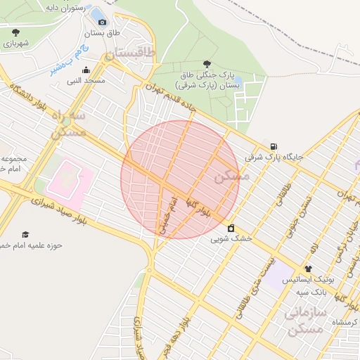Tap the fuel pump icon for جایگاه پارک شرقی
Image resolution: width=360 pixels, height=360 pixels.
274,146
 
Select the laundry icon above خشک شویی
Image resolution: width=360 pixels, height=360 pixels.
231,228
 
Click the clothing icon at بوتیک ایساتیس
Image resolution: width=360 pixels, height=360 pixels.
307,269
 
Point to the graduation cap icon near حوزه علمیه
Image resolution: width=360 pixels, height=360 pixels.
25,234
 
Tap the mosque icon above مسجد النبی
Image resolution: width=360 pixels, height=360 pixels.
86,70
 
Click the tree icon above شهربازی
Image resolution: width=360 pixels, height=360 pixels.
15,32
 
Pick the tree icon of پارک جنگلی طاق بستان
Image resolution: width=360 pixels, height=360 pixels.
206,63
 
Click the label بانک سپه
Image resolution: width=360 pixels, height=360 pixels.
308,291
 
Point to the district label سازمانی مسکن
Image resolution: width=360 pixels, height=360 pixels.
304,321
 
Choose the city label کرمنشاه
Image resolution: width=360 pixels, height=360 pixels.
344,321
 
